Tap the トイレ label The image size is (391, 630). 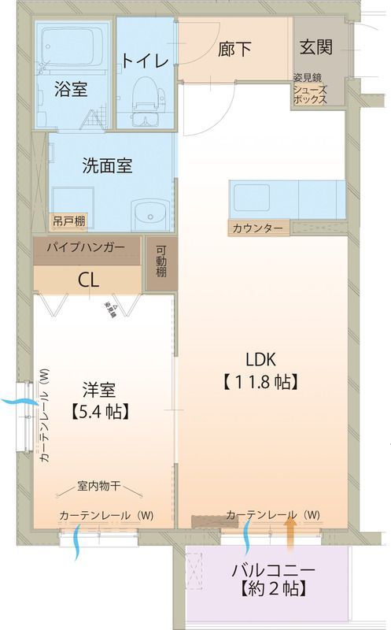(x=145, y=61)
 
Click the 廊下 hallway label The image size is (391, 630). (x=234, y=49)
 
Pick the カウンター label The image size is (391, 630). (x=257, y=228)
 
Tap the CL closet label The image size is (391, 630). (x=88, y=279)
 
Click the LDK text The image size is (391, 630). (x=260, y=360)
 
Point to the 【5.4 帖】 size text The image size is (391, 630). (x=100, y=410)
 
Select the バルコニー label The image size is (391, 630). (x=273, y=570)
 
